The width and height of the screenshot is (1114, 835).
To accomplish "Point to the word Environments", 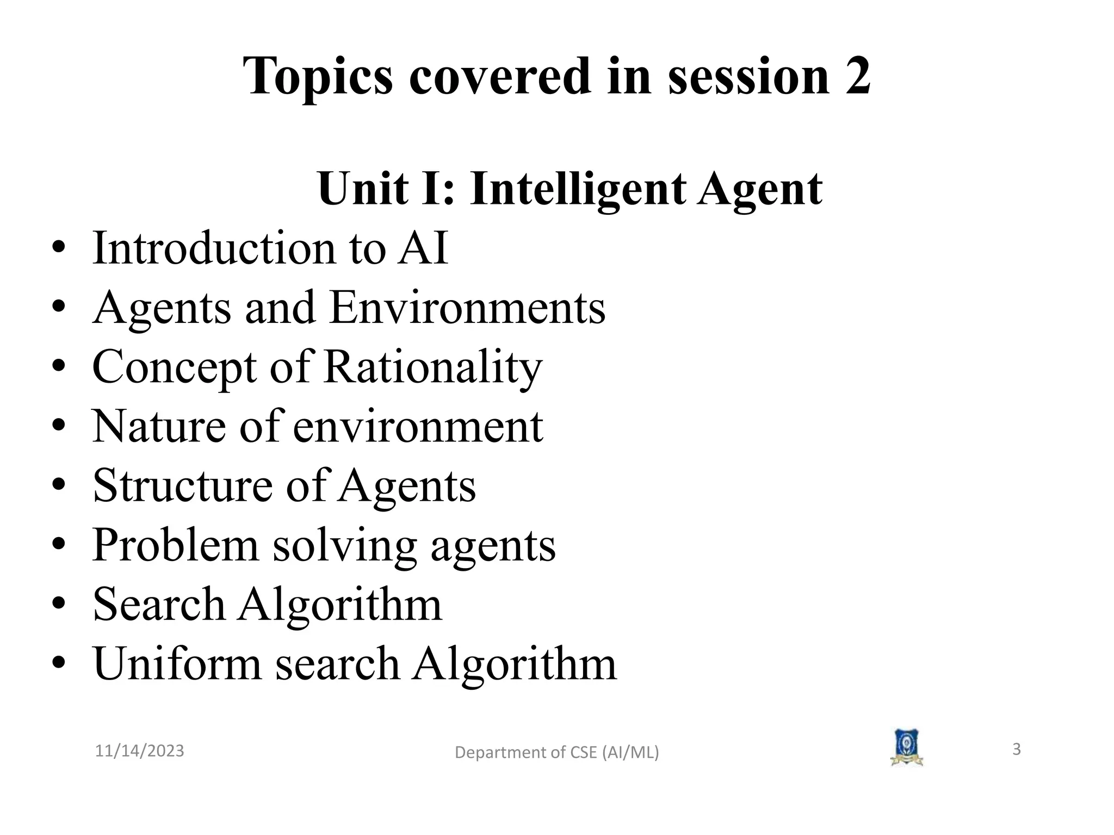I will [467, 308].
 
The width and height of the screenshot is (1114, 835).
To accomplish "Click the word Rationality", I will [432, 367].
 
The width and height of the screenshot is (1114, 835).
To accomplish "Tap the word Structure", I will [183, 485].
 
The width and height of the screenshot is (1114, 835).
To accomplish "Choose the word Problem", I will [175, 545].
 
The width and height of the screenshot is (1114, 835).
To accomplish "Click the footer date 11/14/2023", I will [140, 751].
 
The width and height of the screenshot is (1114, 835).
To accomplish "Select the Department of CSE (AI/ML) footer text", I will [556, 752].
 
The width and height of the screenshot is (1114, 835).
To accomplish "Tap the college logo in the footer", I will [906, 748].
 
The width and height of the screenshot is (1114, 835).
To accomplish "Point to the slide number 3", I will [1016, 750].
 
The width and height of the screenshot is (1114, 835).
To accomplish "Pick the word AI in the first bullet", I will [423, 248].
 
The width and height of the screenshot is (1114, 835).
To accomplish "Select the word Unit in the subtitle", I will [363, 189].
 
